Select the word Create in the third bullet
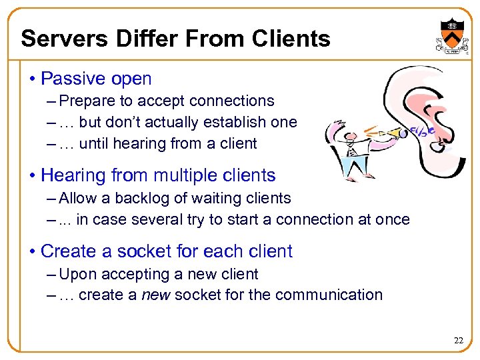click(x=65, y=251)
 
